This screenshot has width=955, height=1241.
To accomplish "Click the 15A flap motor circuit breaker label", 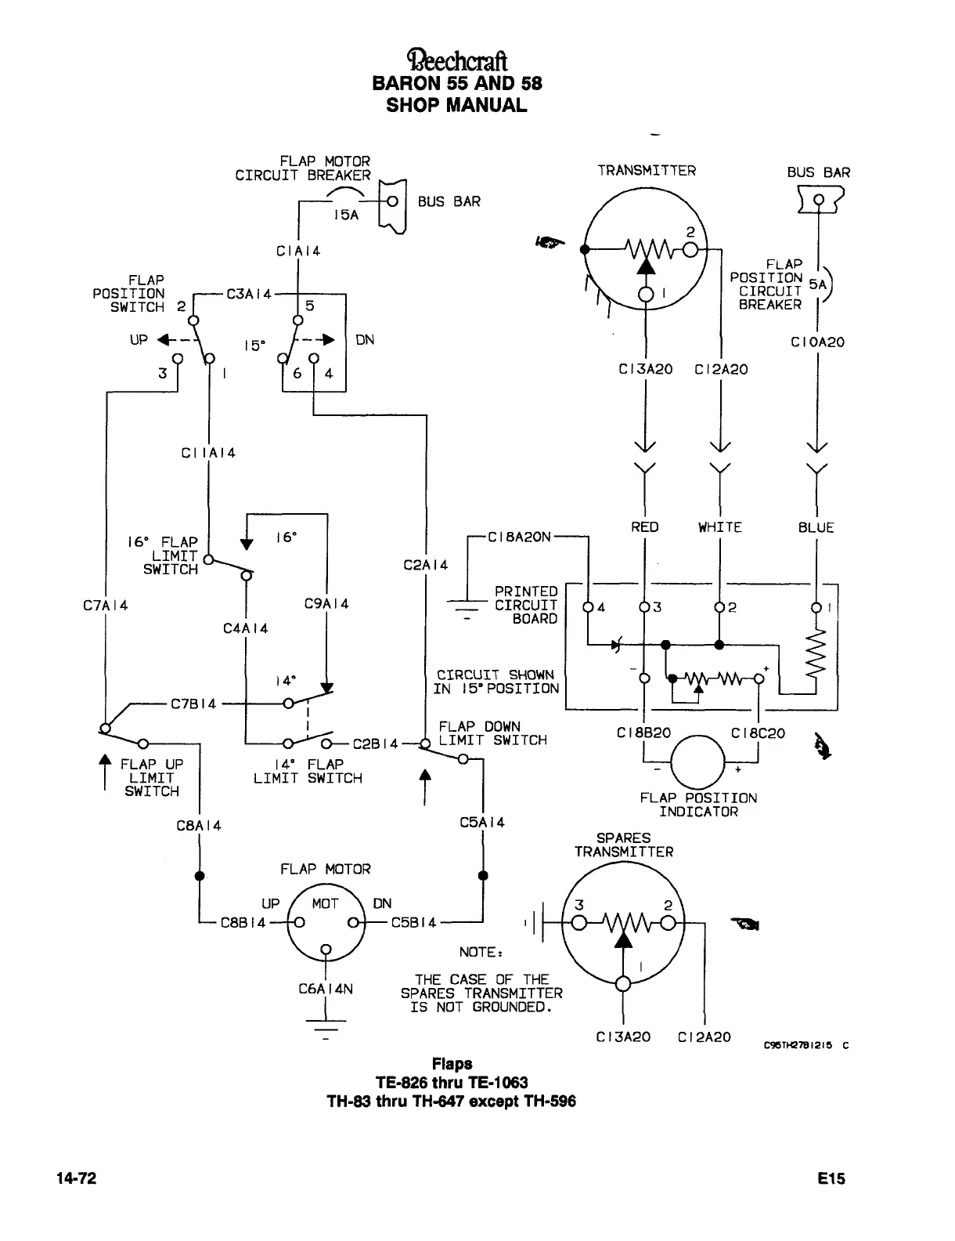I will click(x=346, y=215).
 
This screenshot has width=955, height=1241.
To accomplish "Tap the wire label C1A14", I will click(x=298, y=251).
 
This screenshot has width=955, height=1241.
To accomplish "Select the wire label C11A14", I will click(x=208, y=453).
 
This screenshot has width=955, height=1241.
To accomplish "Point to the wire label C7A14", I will click(x=105, y=605).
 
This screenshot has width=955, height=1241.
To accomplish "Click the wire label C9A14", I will click(x=326, y=604).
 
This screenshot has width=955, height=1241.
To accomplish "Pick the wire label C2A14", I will click(x=426, y=565).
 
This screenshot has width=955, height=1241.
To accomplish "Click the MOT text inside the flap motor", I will click(x=325, y=903).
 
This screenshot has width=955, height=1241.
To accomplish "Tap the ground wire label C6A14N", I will click(x=326, y=990).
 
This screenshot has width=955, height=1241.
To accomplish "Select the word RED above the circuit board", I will click(x=644, y=527).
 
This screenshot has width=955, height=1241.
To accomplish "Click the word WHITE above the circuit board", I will click(x=719, y=527).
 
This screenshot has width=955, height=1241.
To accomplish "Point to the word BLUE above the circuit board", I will click(x=816, y=527).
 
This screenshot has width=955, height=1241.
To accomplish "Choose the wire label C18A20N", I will click(x=519, y=537).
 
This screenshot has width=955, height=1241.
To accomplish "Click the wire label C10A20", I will click(x=817, y=342).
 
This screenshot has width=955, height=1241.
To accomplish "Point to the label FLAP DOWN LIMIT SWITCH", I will click(x=492, y=733).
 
